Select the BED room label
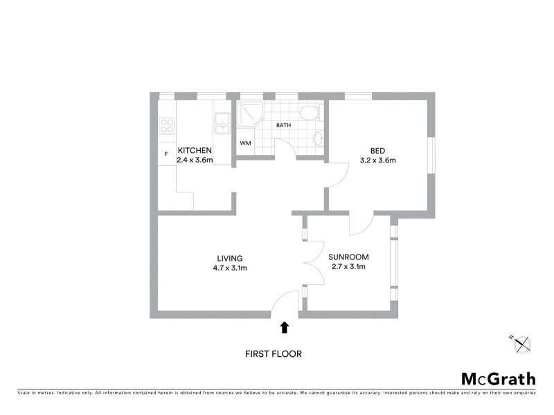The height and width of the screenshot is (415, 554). pyautogui.click(x=377, y=151)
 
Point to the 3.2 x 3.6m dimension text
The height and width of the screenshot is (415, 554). pyautogui.click(x=377, y=160)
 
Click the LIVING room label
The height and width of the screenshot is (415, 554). pyautogui.click(x=229, y=258)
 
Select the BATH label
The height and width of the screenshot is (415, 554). pyautogui.click(x=283, y=126)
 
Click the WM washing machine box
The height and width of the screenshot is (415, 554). pyautogui.click(x=245, y=143)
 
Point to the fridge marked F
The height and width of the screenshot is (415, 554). pyautogui.click(x=166, y=154)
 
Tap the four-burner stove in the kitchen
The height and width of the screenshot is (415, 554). pyautogui.click(x=167, y=125)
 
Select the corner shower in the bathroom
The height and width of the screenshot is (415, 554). pyautogui.click(x=249, y=115)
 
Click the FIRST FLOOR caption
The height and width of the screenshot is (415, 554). pyautogui.click(x=274, y=353)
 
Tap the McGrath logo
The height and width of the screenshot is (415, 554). pyautogui.click(x=498, y=378)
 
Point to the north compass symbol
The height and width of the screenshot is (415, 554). pyautogui.click(x=521, y=344)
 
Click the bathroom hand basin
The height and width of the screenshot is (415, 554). pyautogui.click(x=318, y=138)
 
